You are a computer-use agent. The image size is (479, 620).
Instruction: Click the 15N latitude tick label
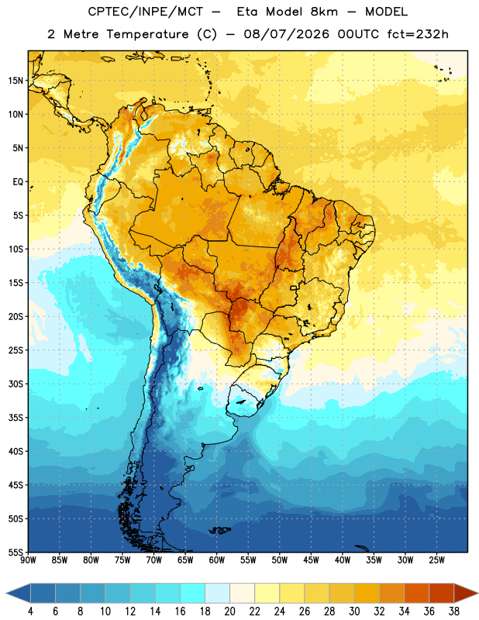click(x=16, y=81)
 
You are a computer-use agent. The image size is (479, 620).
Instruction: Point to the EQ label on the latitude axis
click(x=18, y=182)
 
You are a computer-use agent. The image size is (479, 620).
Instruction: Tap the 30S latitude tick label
click(x=16, y=384)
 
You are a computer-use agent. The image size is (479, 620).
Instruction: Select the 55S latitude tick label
click(x=16, y=553)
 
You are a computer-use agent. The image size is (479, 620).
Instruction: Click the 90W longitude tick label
click(x=28, y=560)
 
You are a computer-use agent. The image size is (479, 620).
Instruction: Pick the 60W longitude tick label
click(x=217, y=560)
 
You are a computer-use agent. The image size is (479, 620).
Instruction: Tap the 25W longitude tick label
click(x=436, y=560)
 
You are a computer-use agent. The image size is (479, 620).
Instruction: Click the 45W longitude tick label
click(x=311, y=560)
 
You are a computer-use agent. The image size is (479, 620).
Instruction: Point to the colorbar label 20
click(x=229, y=611)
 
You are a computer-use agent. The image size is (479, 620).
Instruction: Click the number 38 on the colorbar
click(x=453, y=611)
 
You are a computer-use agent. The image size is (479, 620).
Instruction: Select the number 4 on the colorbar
click(x=30, y=611)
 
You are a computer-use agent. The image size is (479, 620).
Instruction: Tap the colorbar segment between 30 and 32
click(x=367, y=594)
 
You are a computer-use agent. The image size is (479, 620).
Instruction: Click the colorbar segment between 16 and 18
click(x=192, y=594)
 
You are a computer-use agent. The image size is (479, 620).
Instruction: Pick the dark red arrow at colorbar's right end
click(x=466, y=594)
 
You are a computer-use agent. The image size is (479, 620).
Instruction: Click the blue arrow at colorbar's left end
click(x=18, y=594)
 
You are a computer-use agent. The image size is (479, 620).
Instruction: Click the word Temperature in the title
click(x=147, y=34)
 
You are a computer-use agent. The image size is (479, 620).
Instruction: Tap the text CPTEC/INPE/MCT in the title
click(x=146, y=12)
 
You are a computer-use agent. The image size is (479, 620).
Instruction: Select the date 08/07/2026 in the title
click(x=286, y=34)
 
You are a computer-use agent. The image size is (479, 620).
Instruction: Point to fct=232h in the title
click(x=418, y=34)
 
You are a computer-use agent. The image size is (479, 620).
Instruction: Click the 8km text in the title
click(x=324, y=12)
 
